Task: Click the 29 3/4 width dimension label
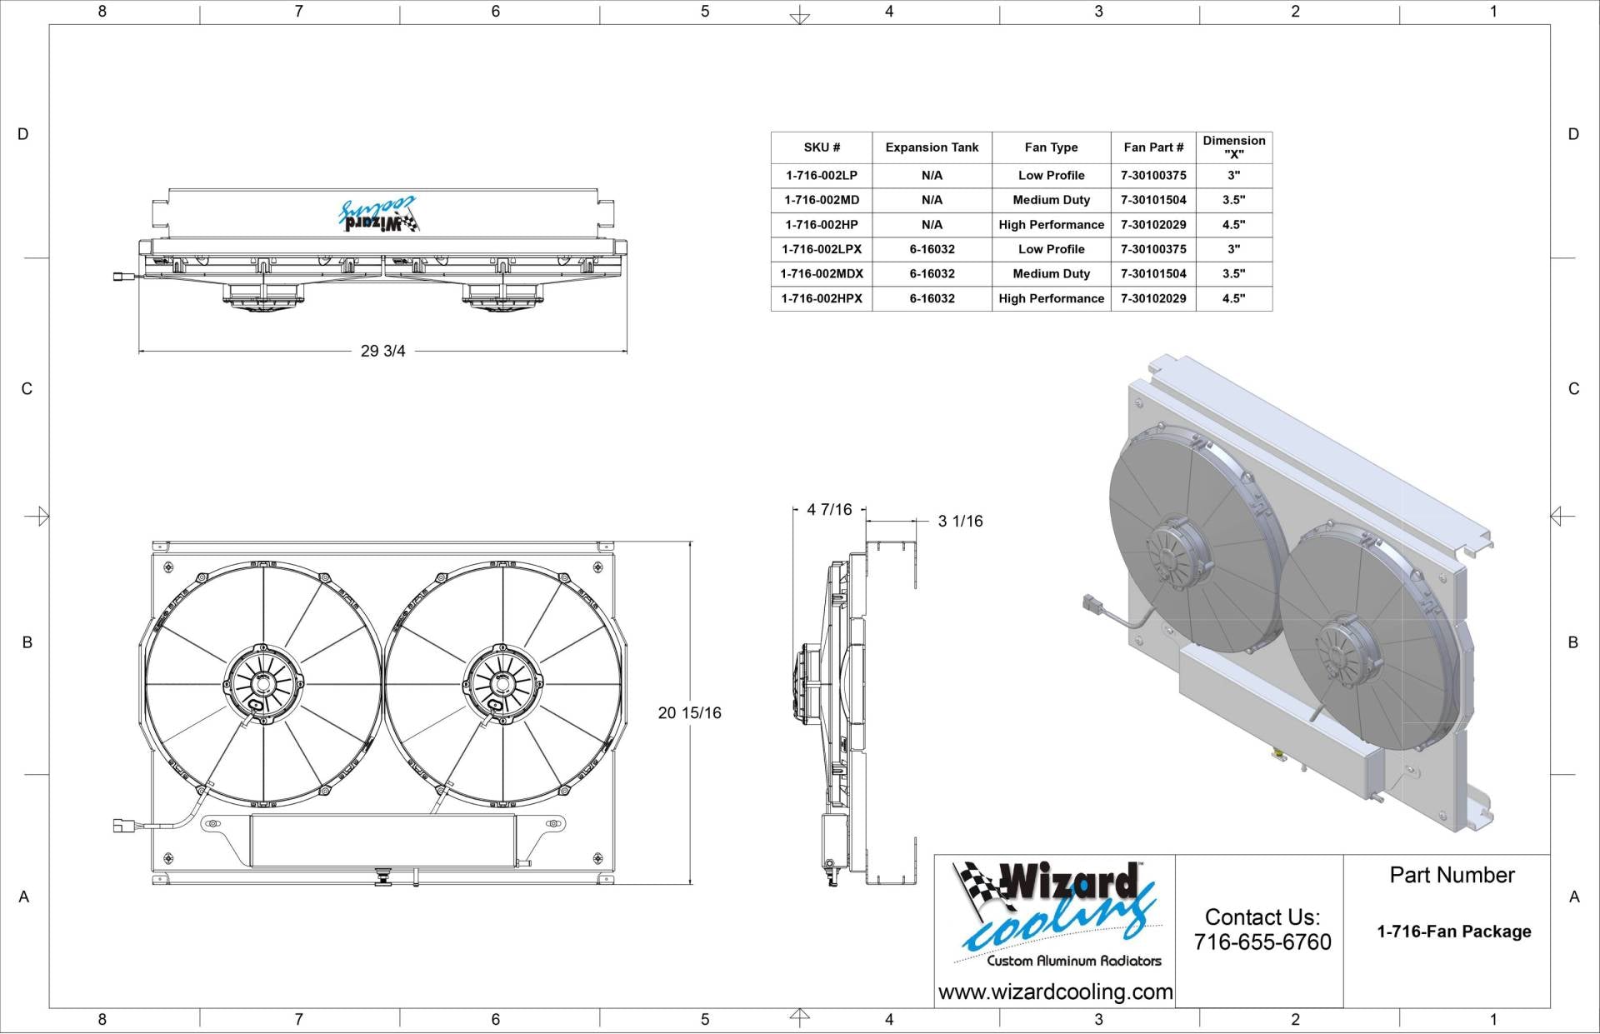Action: point(382,352)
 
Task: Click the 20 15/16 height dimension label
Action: point(689,713)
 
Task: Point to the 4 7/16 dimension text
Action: point(829,510)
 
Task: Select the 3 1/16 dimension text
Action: point(960,522)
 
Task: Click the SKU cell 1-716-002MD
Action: point(821,200)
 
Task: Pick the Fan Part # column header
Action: point(1152,147)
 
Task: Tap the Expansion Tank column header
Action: point(932,147)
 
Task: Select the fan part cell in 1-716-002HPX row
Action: point(1152,298)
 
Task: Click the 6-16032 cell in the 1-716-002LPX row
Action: point(932,249)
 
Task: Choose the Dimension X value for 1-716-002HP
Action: point(1233,225)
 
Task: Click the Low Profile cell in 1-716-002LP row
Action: point(1051,176)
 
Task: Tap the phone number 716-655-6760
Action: point(1262,942)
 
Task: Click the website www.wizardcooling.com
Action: point(1055,992)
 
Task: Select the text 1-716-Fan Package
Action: point(1453,932)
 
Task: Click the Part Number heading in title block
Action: point(1452,876)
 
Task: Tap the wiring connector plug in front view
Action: point(122,826)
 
